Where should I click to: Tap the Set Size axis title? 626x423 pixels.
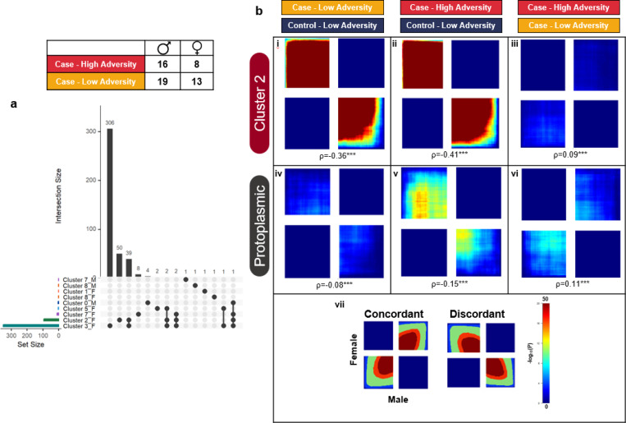[x=32, y=343]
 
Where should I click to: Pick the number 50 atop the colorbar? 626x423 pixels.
[x=546, y=299]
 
